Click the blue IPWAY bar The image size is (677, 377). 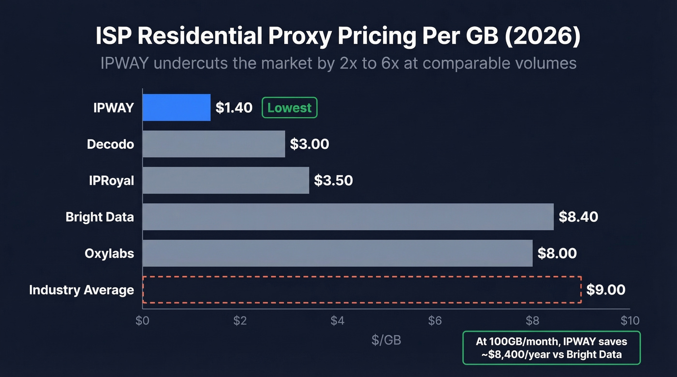(177, 108)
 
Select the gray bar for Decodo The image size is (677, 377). (214, 144)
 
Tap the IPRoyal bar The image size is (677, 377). (226, 181)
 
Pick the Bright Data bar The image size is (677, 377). (348, 217)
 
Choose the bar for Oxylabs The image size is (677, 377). (338, 253)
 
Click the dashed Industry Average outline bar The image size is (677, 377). (362, 290)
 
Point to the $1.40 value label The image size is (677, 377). (234, 108)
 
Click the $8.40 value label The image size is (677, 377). (578, 217)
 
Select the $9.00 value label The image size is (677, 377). (605, 290)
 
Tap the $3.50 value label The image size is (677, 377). (333, 181)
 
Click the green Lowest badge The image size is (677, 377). (289, 108)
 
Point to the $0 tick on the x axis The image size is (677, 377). (143, 321)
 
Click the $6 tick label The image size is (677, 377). (435, 321)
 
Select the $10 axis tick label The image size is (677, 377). (630, 321)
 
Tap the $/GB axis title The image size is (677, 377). (386, 340)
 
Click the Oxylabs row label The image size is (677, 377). (109, 253)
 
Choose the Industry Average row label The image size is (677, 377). (81, 290)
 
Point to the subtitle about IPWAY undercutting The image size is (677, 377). (338, 63)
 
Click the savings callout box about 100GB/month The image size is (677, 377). (551, 348)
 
